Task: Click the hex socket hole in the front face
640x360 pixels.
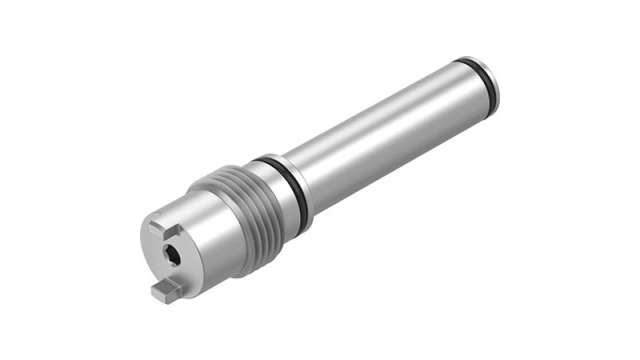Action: [x=174, y=258]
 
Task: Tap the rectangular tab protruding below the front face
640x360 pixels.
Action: [x=165, y=290]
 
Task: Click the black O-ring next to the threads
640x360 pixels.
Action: [x=289, y=190]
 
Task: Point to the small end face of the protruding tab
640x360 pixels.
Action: [x=159, y=293]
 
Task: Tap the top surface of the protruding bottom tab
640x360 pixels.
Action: [x=168, y=284]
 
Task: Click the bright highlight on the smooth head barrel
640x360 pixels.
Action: [x=200, y=205]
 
